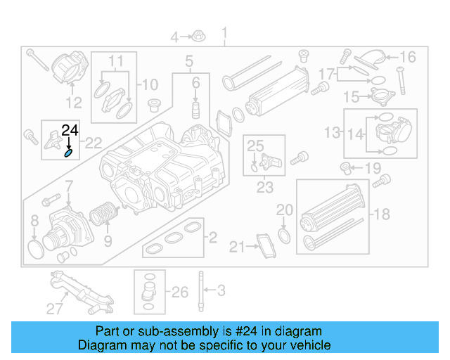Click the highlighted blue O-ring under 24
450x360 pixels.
69,153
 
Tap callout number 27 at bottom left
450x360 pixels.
55,307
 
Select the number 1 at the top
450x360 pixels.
225,33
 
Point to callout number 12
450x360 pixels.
73,102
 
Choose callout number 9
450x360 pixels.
108,242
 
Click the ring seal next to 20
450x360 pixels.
283,233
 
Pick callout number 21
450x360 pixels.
236,246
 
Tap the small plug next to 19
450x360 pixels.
345,167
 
